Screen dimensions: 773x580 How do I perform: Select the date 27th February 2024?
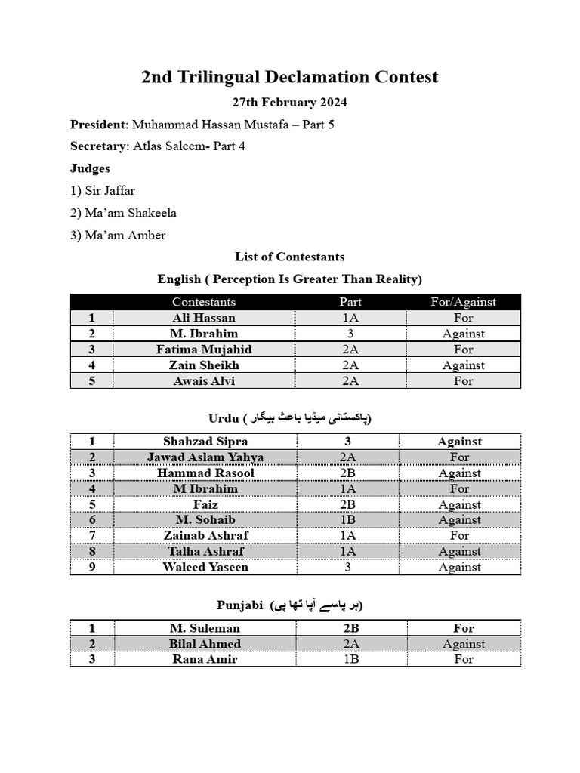tap(289, 102)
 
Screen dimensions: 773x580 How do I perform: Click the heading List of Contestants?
tap(289, 257)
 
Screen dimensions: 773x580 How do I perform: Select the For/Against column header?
tap(463, 302)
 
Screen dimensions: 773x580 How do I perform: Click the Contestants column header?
tap(204, 302)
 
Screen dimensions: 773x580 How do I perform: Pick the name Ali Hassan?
tap(204, 318)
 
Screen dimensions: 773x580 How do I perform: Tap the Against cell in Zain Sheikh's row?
tap(463, 365)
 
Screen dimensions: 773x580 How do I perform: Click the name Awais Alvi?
tap(204, 381)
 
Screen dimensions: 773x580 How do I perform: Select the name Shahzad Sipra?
tap(205, 442)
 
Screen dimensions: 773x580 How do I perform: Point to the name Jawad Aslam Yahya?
tap(205, 457)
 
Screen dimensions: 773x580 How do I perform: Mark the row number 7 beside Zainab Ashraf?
tap(91, 536)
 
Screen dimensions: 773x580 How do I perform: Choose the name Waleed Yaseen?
tap(205, 568)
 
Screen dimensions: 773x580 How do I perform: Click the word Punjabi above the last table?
tap(239, 605)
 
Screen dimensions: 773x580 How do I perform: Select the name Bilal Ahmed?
tap(205, 644)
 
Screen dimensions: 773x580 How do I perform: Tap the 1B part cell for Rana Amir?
tap(350, 659)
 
